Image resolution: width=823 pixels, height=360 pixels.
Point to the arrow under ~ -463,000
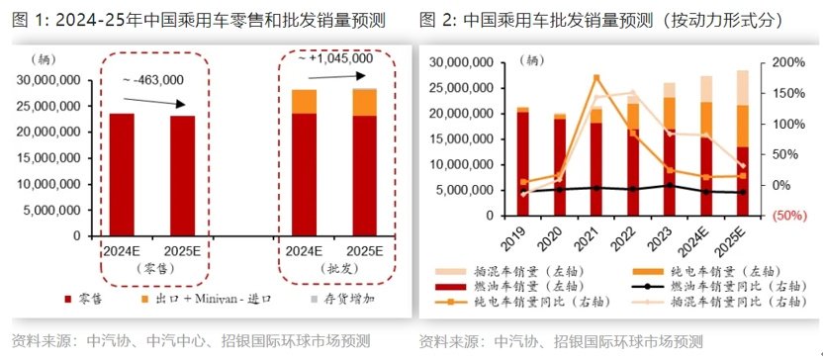(152, 101)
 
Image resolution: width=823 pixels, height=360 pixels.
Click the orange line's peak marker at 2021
(596, 78)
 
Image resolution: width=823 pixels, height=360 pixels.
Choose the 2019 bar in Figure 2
(522, 162)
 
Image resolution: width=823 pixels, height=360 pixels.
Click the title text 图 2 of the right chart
(436, 19)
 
